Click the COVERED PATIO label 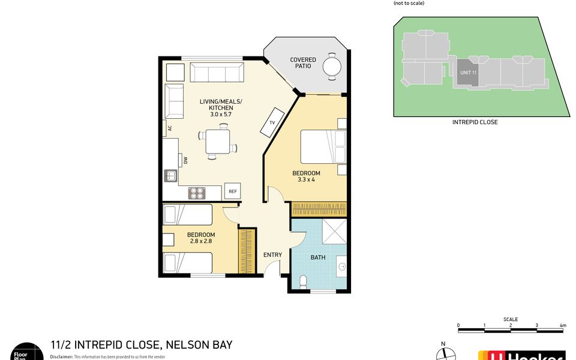pos(303,62)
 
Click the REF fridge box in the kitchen pos(233,191)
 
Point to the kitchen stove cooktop pos(197,193)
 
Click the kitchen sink pos(170,176)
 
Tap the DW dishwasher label pos(186,160)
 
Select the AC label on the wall pos(170,128)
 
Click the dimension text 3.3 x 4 pos(306,179)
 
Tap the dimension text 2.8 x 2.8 pos(200,241)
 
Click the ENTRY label pos(272,255)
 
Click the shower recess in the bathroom pos(335,232)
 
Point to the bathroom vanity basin pos(341,265)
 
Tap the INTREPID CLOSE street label pos(475,122)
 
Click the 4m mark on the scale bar pos(563,325)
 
